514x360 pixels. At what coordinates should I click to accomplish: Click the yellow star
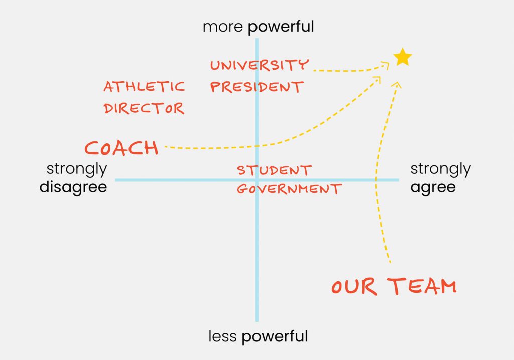[x=402, y=57]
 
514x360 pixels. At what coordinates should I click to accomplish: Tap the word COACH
[x=121, y=148]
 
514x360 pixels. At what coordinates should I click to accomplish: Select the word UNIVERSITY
[x=260, y=65]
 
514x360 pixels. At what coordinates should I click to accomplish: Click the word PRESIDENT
[x=256, y=87]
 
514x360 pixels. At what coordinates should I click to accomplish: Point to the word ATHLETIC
[x=144, y=86]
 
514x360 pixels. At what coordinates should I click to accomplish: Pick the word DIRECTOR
[x=144, y=108]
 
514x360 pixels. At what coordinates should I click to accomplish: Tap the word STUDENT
[x=275, y=170]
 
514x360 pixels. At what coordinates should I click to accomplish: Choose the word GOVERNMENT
[x=290, y=189]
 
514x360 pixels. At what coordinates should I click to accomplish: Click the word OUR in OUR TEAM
[x=354, y=287]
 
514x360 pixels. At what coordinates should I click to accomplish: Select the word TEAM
[x=422, y=286]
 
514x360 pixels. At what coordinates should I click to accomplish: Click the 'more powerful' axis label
[x=259, y=27]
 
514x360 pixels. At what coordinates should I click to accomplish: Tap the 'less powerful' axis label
[x=259, y=336]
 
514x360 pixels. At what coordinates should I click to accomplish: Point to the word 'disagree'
[x=73, y=187]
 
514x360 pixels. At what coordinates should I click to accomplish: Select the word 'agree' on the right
[x=433, y=187]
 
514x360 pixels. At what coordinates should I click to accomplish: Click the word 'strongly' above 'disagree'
[x=77, y=169]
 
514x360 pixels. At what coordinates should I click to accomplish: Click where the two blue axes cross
[x=257, y=180]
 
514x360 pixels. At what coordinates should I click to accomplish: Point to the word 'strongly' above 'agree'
[x=441, y=169]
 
